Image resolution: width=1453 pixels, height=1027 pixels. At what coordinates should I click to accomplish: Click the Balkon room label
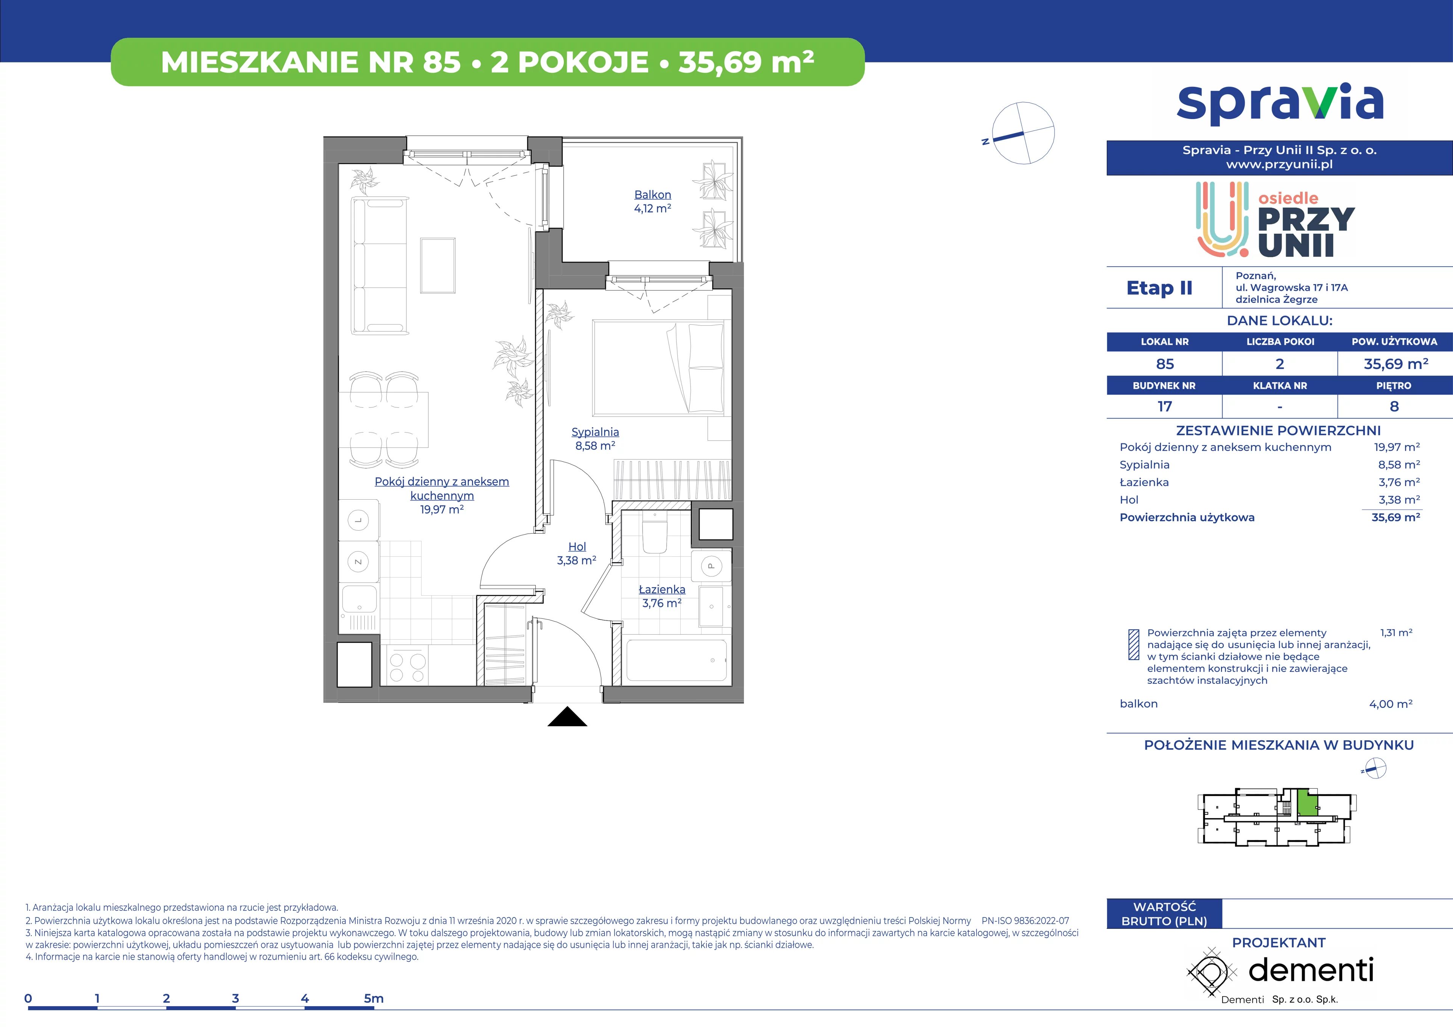tap(652, 195)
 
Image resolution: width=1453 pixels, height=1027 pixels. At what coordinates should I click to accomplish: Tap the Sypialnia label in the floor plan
tap(595, 432)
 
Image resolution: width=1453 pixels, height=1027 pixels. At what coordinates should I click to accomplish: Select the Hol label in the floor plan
tap(577, 547)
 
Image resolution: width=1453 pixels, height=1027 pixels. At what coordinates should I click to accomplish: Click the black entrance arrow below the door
tap(567, 716)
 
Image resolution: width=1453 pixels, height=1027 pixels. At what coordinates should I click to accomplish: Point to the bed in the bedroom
tap(658, 368)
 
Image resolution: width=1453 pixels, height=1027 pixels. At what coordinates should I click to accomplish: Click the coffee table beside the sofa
tap(438, 266)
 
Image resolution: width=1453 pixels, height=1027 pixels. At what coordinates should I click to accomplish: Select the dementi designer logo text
tap(1311, 970)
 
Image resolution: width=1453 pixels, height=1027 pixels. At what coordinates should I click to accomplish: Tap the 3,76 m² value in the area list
tap(1399, 482)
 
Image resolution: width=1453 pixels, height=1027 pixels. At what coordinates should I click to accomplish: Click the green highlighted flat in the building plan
tap(1306, 803)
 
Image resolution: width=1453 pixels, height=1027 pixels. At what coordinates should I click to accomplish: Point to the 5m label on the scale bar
tap(373, 999)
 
